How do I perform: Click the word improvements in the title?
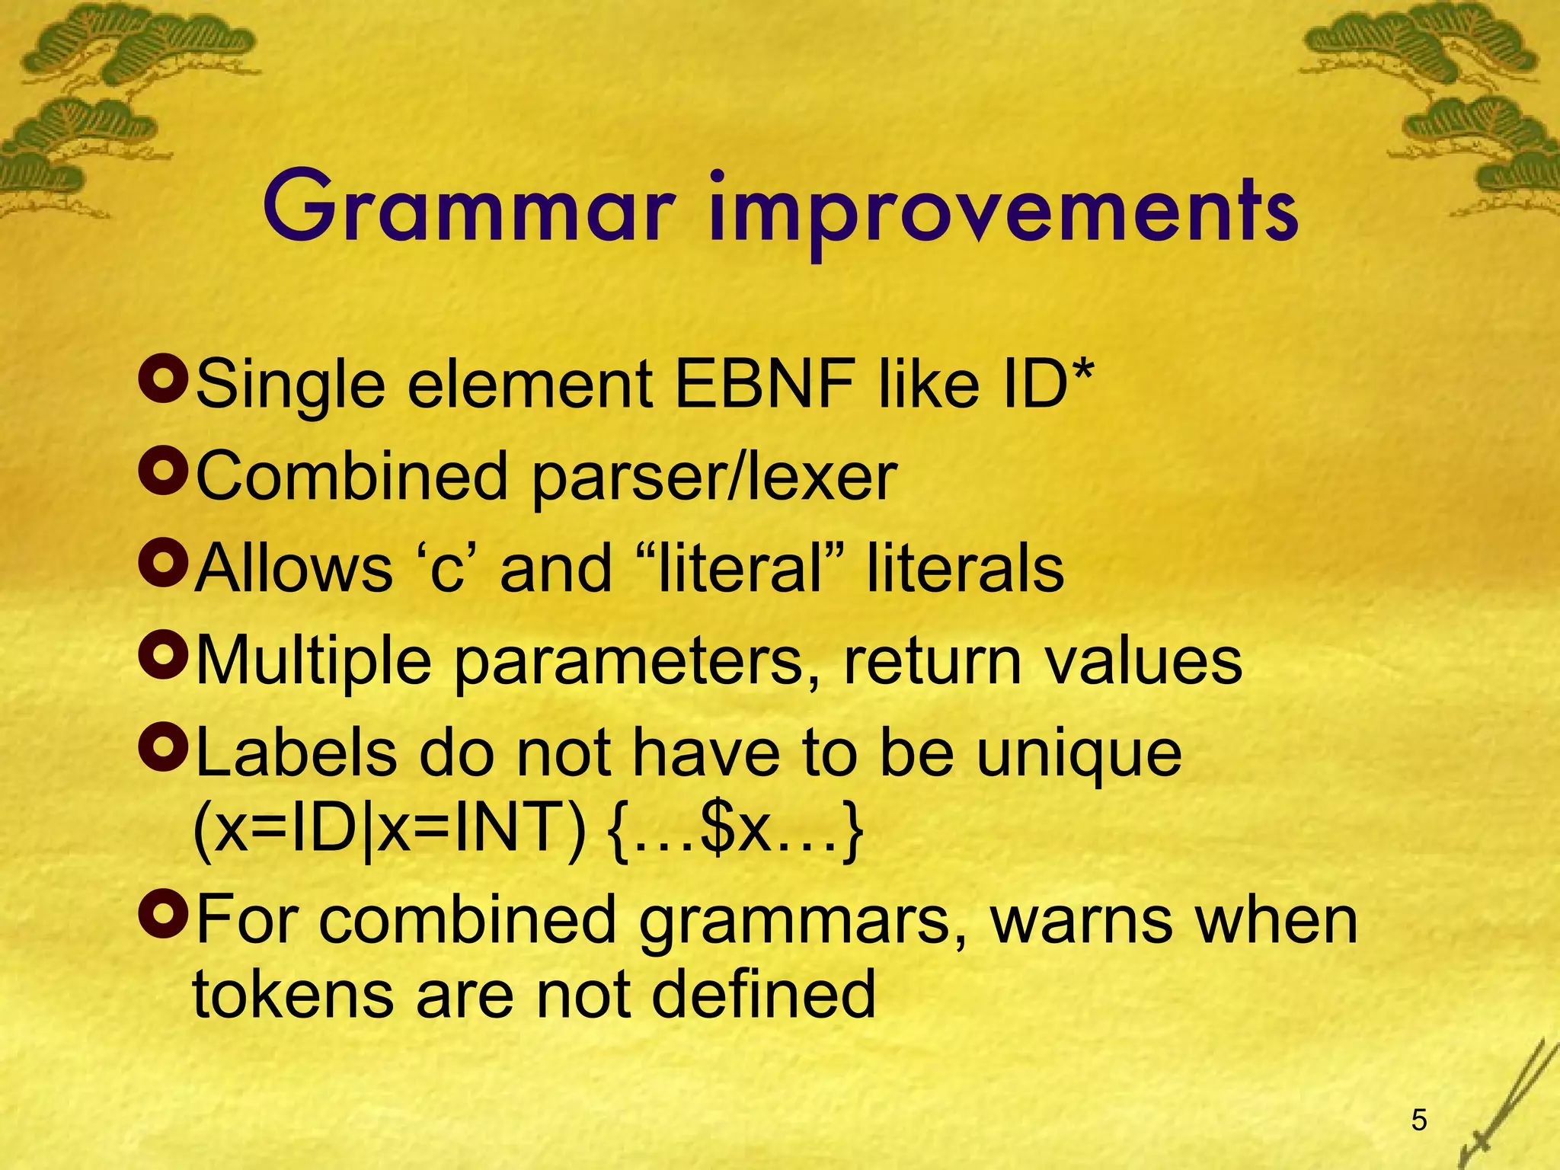pos(1002,213)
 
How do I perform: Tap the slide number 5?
pos(1419,1120)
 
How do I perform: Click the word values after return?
pos(1143,661)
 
